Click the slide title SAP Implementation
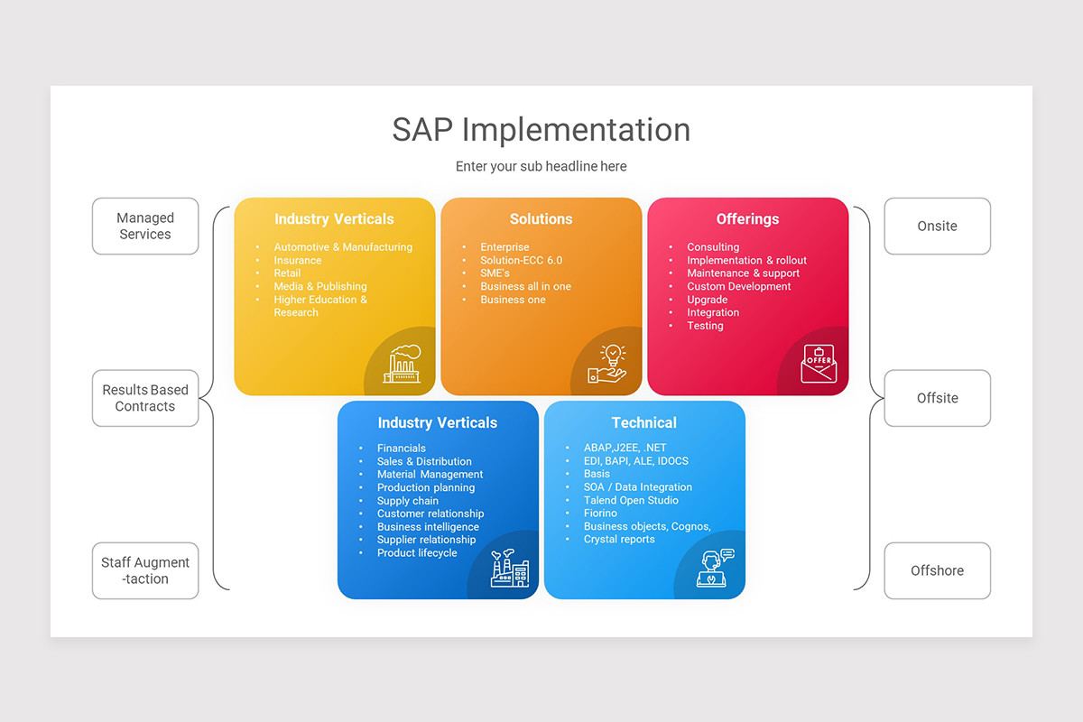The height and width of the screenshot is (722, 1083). pos(541,130)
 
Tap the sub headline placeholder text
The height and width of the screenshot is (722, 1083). pos(541,166)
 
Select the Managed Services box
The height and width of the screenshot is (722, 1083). pos(145,227)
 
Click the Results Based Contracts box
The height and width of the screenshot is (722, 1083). pos(145,398)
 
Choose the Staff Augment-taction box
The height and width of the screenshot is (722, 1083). pos(145,570)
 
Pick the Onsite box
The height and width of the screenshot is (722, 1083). pos(937,227)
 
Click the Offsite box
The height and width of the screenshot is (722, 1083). pos(937,398)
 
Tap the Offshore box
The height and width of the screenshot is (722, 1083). pos(937,570)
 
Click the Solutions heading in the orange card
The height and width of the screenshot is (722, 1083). pos(541,219)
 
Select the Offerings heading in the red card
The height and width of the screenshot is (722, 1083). pos(747,219)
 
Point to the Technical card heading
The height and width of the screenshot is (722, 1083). pos(643,422)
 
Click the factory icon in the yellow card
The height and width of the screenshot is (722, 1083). pos(402,364)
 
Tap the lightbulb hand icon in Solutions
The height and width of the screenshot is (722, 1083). pos(607,365)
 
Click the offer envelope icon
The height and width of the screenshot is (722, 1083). pos(819,365)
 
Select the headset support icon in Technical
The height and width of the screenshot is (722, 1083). pos(715,568)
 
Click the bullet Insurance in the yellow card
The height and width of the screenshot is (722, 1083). pos(298,260)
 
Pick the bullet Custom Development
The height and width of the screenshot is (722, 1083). pos(738,286)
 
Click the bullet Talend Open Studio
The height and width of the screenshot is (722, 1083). pos(631,500)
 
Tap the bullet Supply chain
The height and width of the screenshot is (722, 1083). pos(408,501)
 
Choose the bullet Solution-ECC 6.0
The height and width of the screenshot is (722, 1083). pos(521,260)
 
